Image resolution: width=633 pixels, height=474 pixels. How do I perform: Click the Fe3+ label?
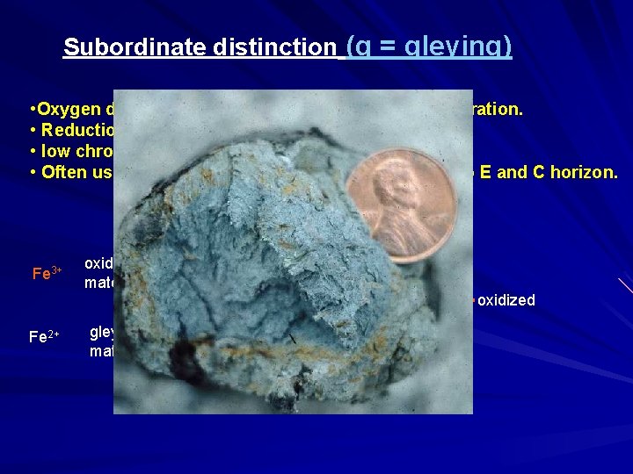tap(46, 273)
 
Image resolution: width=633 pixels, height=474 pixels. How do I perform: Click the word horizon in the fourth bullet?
tap(586, 172)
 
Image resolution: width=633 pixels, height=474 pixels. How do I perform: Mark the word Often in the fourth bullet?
tap(63, 172)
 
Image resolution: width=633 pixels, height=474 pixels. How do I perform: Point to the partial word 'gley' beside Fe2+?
tap(102, 331)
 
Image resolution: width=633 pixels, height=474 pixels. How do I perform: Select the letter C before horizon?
tap(527, 172)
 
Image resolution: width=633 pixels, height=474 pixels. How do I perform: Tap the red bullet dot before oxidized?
tap(473, 300)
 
